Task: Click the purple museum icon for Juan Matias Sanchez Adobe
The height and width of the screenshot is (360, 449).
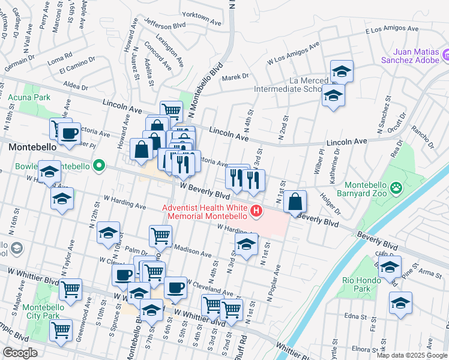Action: point(445,56)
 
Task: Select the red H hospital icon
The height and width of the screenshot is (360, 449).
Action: point(257,211)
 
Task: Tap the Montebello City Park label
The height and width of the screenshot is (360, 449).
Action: point(43,311)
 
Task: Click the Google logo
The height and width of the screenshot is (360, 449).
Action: point(20,353)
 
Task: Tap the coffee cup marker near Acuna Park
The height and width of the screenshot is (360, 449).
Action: point(70,134)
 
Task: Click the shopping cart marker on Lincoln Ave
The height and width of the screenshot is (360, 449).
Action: point(172,110)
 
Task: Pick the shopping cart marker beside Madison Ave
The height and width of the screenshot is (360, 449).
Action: point(160,236)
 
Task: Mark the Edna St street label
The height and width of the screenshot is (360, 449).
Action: point(355,316)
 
